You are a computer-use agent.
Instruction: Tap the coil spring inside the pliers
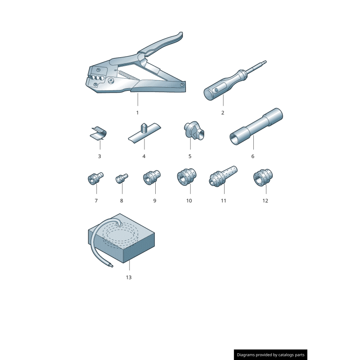pyautogui.click(x=128, y=75)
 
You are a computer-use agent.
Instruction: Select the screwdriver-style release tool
pyautogui.click(x=235, y=81)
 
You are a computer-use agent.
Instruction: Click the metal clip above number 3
pyautogui.click(x=98, y=133)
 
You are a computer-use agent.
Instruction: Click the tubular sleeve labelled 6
pyautogui.click(x=256, y=126)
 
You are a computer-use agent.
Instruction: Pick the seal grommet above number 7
pyautogui.click(x=95, y=178)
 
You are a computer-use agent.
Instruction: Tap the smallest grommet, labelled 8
pyautogui.click(x=121, y=178)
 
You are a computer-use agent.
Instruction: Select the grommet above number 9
pyautogui.click(x=152, y=177)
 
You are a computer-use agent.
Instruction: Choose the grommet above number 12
pyautogui.click(x=263, y=177)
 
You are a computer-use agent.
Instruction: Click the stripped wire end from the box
pyautogui.click(x=111, y=265)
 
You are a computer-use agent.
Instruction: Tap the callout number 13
pyautogui.click(x=129, y=277)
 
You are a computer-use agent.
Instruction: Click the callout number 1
pyautogui.click(x=137, y=113)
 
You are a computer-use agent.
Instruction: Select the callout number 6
pyautogui.click(x=252, y=156)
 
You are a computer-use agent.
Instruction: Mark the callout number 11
pyautogui.click(x=223, y=201)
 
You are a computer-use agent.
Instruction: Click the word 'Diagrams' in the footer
pyautogui.click(x=246, y=355)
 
